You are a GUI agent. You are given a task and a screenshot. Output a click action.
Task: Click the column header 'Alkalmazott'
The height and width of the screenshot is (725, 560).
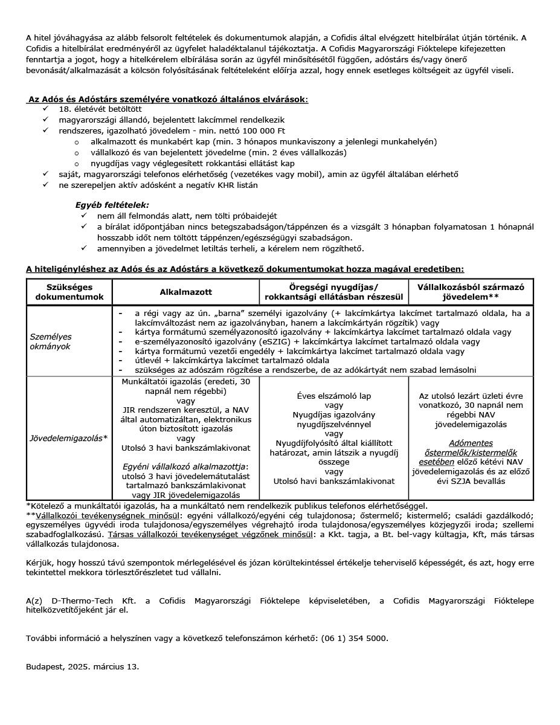185,292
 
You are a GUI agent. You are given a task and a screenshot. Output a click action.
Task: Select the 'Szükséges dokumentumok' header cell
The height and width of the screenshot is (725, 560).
69,292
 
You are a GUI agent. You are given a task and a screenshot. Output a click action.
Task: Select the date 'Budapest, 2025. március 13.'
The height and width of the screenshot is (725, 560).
82,667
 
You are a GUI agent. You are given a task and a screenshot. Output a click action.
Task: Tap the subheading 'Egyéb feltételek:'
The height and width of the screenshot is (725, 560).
112,205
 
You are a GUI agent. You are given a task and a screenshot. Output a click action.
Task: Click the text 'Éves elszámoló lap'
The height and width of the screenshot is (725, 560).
334,396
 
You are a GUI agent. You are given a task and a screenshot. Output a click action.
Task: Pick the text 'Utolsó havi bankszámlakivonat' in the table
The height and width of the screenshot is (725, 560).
334,481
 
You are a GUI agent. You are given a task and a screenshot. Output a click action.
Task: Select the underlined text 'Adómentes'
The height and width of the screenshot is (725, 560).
471,443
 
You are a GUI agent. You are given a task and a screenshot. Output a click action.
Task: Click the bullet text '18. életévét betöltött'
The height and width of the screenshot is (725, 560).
100,109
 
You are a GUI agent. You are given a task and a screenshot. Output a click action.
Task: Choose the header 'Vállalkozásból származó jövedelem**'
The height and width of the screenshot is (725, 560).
471,292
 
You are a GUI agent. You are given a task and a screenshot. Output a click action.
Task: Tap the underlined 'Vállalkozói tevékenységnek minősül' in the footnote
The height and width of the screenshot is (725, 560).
106,516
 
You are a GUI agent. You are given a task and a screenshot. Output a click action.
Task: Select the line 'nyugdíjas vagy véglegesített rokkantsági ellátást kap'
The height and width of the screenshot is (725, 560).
192,163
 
